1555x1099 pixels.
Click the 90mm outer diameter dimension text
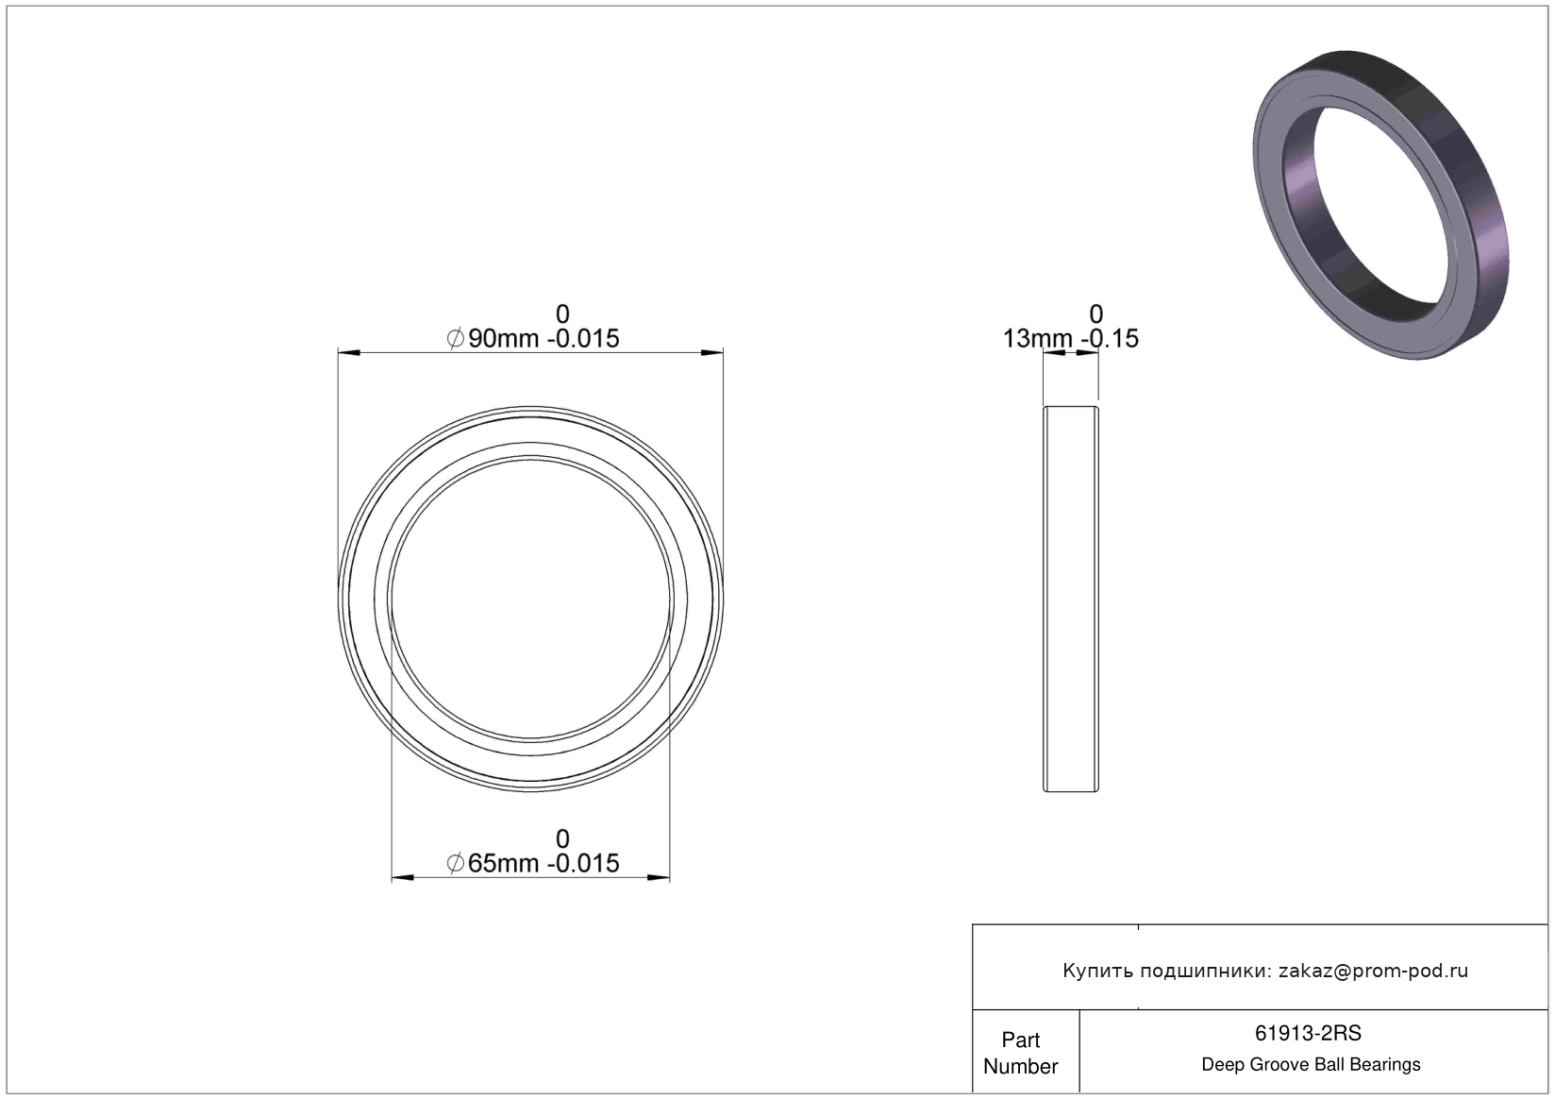coord(532,338)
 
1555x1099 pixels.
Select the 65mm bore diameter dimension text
coord(532,863)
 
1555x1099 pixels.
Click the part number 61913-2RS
coord(1308,1033)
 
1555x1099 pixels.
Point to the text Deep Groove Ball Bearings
coord(1311,1064)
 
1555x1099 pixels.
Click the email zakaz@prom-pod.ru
coord(1373,971)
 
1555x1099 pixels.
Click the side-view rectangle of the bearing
coord(1070,599)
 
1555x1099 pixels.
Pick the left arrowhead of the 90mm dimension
coord(349,353)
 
